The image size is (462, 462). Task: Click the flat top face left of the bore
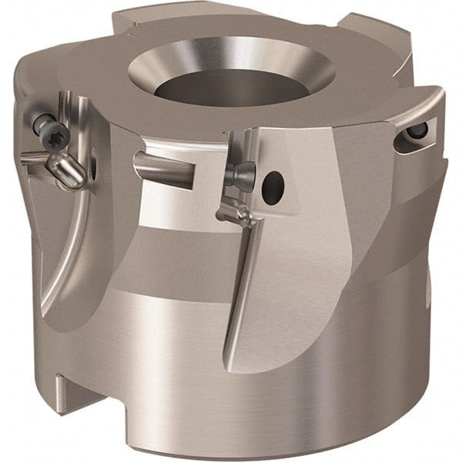coord(115,77)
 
